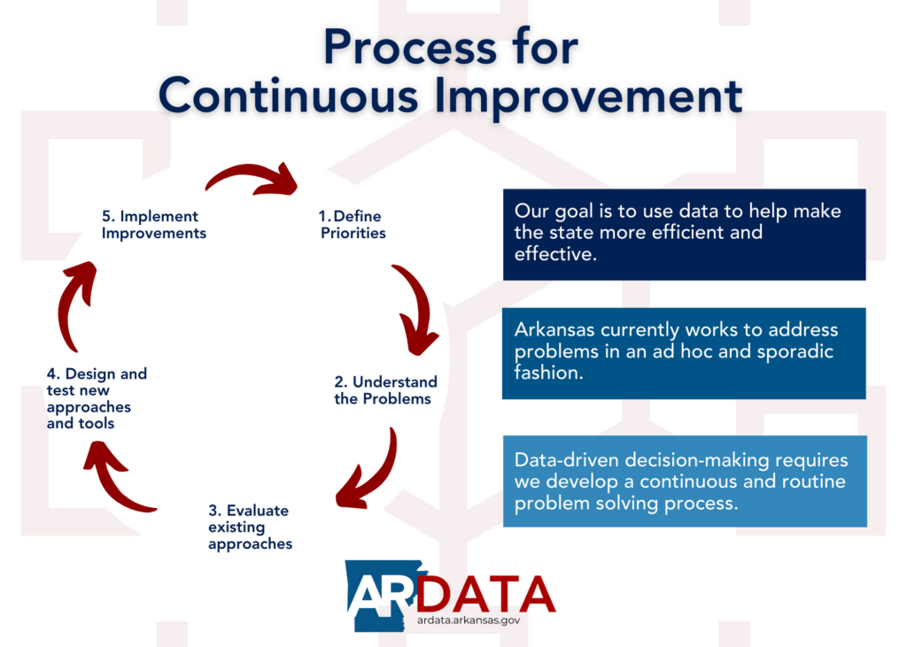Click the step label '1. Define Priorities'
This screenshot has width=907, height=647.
click(x=353, y=224)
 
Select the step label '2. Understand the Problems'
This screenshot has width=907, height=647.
click(x=385, y=390)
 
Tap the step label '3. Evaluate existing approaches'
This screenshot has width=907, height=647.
click(x=250, y=527)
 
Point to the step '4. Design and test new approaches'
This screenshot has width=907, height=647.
click(x=97, y=398)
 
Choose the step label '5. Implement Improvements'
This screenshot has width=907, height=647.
click(x=154, y=224)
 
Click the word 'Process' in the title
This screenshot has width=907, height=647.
click(x=409, y=48)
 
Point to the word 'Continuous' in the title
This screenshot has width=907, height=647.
click(x=288, y=96)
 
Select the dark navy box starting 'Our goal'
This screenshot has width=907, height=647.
click(x=685, y=235)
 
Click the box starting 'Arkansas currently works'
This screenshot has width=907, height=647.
click(x=684, y=353)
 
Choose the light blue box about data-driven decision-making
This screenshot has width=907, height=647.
click(x=685, y=481)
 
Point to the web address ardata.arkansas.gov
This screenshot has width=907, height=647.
click(x=469, y=620)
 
